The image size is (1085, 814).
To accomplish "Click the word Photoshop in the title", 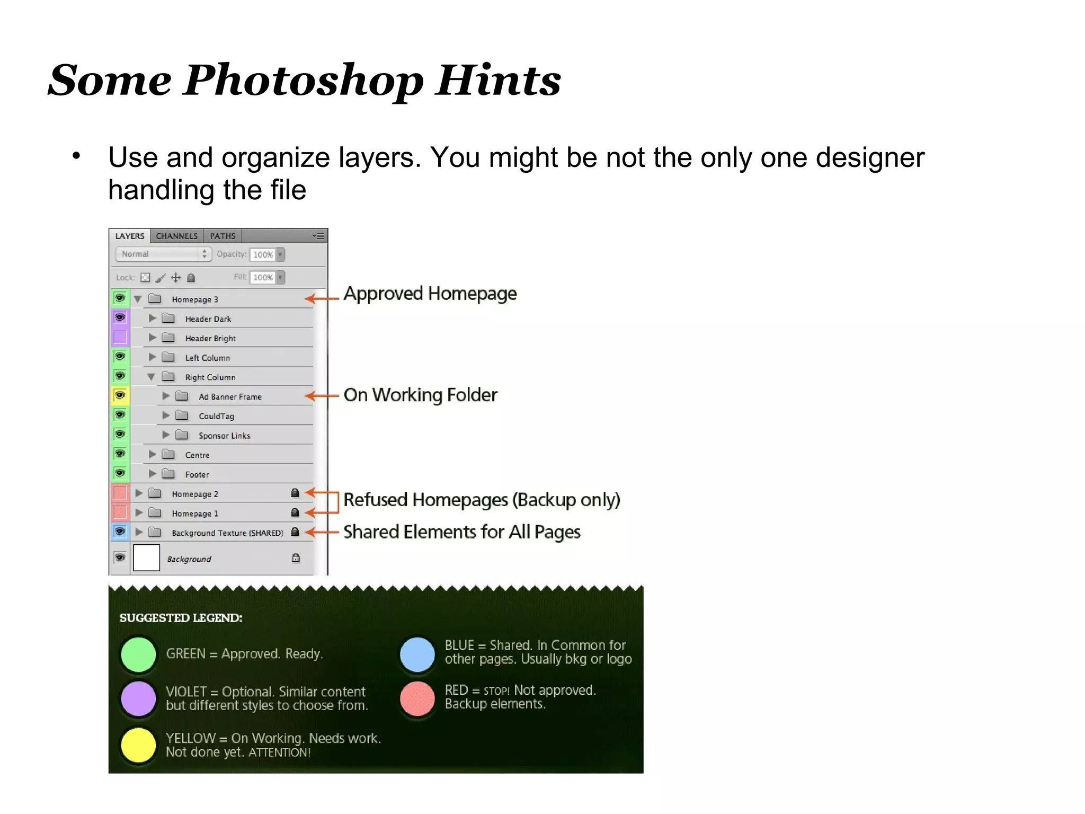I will [303, 81].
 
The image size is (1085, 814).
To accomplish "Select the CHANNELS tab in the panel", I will [176, 236].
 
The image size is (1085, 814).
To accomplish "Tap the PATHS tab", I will [223, 236].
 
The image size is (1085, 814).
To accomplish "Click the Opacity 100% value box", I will [263, 254].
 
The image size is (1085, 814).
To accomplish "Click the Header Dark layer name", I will [208, 319].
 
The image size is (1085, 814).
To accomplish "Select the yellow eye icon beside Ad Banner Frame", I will [120, 395].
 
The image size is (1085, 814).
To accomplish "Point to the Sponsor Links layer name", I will [224, 436].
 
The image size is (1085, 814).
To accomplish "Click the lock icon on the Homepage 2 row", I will [295, 493].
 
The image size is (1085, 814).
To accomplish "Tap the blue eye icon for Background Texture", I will [120, 532].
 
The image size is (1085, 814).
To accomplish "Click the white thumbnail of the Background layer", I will [146, 558].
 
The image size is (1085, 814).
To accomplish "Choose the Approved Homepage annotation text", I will [430, 294].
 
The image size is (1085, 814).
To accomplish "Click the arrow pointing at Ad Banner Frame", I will [322, 396].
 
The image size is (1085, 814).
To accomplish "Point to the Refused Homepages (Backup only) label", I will [482, 500].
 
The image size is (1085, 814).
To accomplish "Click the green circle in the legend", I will [138, 654].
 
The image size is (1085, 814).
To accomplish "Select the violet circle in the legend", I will [138, 698].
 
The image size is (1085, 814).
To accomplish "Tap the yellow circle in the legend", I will [138, 745].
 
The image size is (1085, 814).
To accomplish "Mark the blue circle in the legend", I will [417, 654].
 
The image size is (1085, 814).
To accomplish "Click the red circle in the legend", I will [417, 698].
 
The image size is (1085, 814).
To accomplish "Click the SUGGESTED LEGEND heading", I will [181, 618].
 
